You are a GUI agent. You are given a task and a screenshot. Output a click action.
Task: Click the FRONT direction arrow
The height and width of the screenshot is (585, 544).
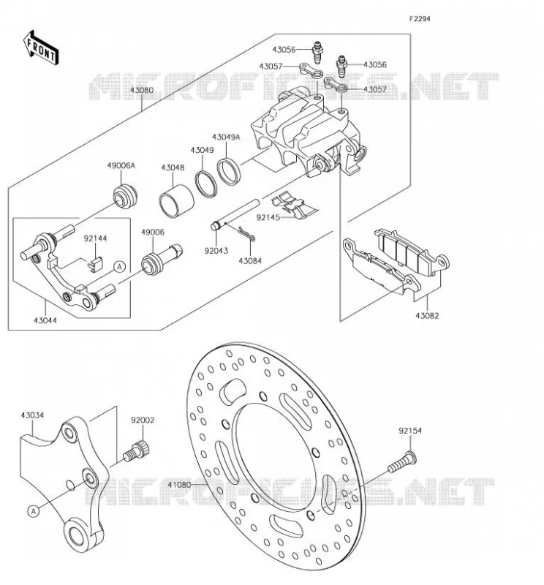(x=41, y=48)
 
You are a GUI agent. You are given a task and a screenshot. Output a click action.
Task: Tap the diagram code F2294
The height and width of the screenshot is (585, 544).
(x=420, y=19)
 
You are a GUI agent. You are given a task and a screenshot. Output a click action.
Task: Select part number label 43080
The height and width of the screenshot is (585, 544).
(x=142, y=90)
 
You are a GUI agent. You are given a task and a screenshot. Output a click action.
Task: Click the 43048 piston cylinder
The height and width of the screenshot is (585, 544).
(x=176, y=200)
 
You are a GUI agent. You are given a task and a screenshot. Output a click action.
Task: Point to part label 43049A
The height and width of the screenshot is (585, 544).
(x=226, y=137)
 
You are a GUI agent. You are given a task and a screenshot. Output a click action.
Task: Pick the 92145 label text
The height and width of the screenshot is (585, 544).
(x=268, y=217)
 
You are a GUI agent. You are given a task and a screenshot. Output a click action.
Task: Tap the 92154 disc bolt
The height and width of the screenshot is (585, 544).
(x=402, y=462)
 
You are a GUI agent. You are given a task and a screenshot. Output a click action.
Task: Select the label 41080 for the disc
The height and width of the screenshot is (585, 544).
(x=179, y=485)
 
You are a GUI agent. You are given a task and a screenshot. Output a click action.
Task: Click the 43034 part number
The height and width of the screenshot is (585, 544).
(x=32, y=415)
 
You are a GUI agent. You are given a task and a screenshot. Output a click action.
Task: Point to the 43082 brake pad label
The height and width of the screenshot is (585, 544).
(x=427, y=316)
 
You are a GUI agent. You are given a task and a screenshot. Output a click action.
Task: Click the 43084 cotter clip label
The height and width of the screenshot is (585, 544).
(x=250, y=261)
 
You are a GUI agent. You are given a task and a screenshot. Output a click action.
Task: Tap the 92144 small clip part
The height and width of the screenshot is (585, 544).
(x=96, y=264)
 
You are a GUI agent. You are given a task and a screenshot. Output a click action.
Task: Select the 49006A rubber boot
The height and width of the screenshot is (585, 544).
(x=125, y=197)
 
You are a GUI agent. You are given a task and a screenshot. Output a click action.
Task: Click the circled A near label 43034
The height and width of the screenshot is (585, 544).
(x=34, y=510)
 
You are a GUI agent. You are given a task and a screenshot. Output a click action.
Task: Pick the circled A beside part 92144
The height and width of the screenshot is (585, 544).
(x=120, y=267)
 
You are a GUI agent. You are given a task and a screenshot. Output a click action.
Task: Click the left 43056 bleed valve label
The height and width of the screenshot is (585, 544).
(x=284, y=49)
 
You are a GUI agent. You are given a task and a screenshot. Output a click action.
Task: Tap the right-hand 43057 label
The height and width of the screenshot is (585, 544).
(x=375, y=89)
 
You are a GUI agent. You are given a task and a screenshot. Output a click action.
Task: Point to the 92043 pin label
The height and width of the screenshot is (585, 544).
(x=216, y=251)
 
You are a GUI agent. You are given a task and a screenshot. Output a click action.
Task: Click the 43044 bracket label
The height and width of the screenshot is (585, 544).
(x=45, y=320)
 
